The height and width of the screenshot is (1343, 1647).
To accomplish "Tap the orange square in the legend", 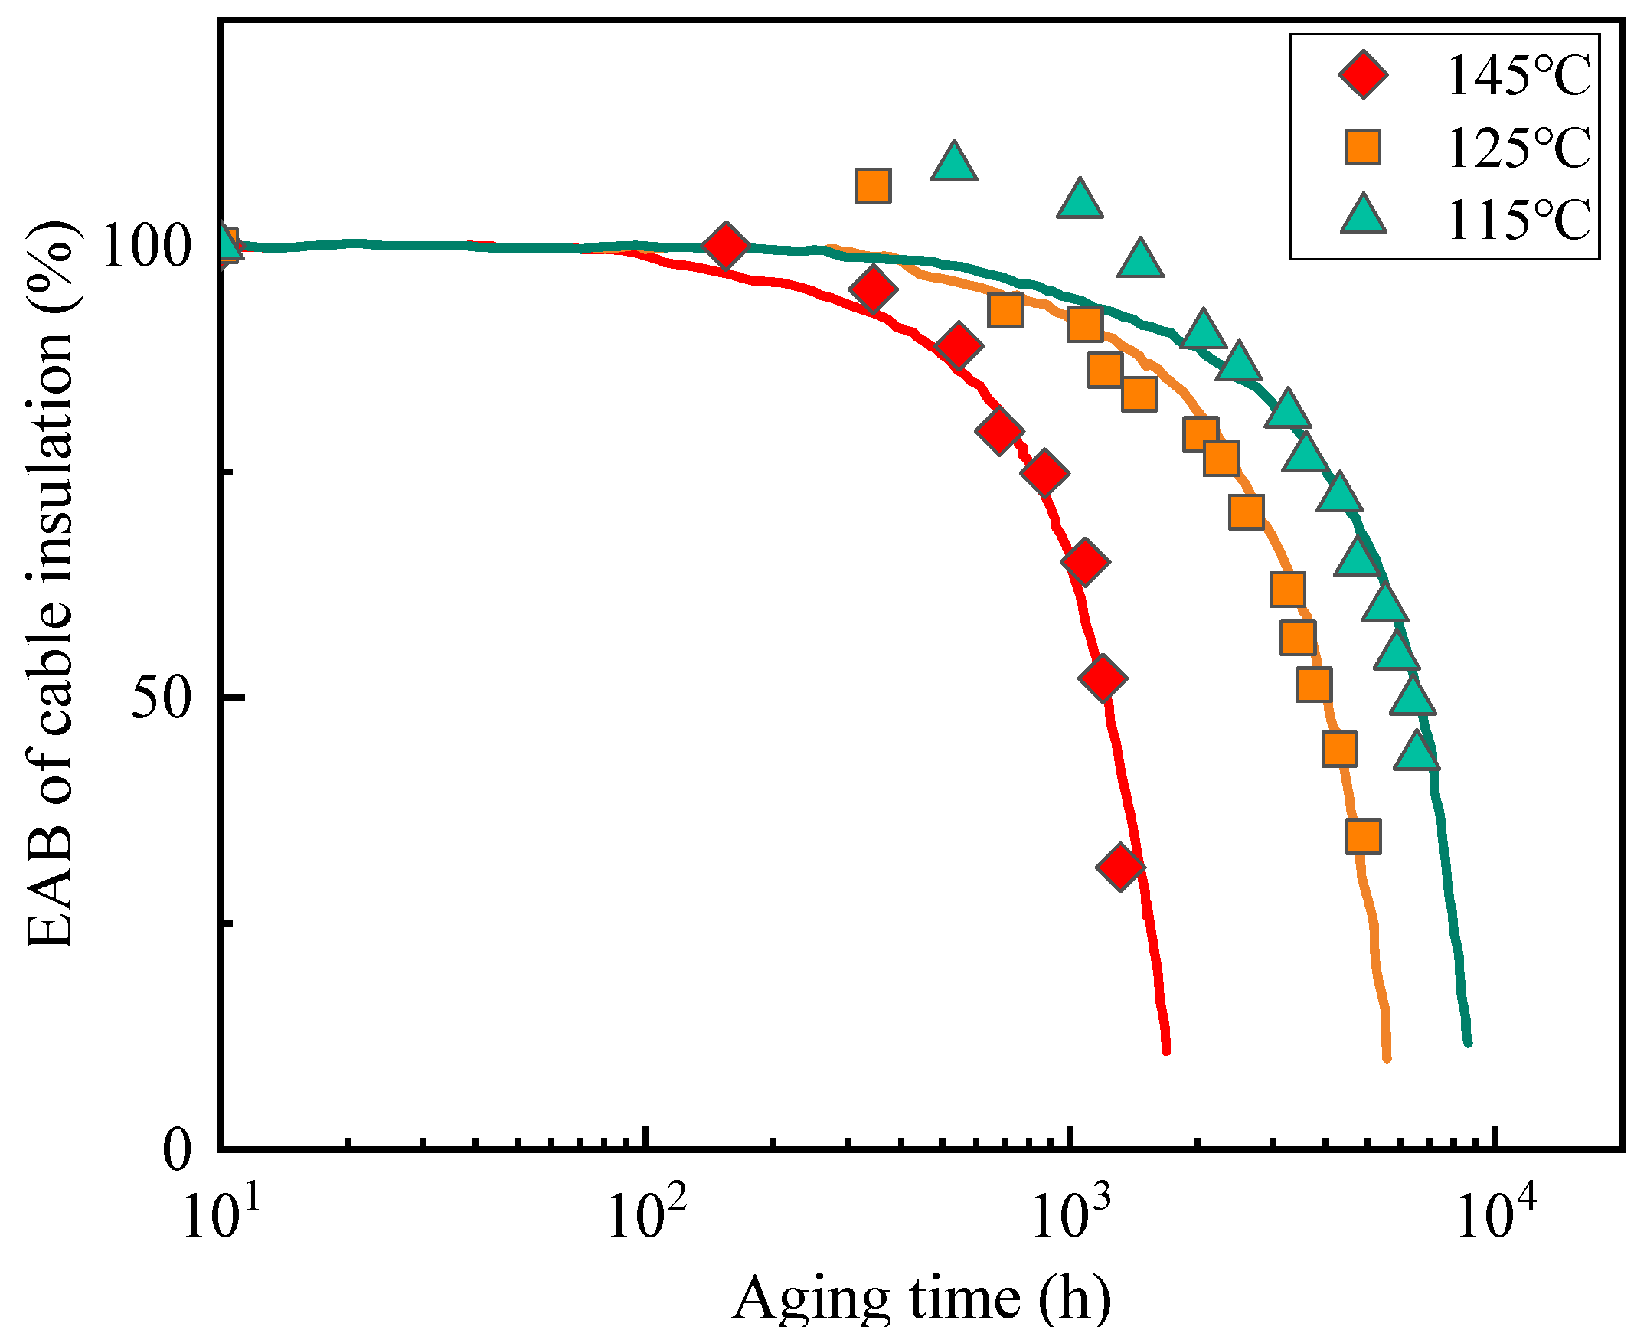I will click(x=1362, y=147).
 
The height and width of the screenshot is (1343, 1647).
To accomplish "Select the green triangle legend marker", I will click(x=1362, y=215).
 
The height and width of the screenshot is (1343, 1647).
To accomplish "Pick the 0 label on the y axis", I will click(x=176, y=1149).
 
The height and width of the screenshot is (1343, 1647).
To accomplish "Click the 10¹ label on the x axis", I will click(x=221, y=1217).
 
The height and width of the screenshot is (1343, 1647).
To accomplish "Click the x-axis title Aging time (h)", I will click(x=920, y=1299).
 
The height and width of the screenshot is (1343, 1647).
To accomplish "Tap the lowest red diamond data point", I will click(x=1120, y=866).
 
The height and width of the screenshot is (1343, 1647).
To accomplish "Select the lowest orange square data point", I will click(x=1363, y=836).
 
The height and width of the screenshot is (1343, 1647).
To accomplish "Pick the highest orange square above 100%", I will click(x=873, y=185).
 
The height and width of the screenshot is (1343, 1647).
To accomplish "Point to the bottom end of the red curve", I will click(x=1166, y=1050).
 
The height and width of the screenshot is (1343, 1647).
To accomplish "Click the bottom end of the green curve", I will click(x=1468, y=1042).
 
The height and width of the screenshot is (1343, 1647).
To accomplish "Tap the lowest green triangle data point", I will click(x=1417, y=751).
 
